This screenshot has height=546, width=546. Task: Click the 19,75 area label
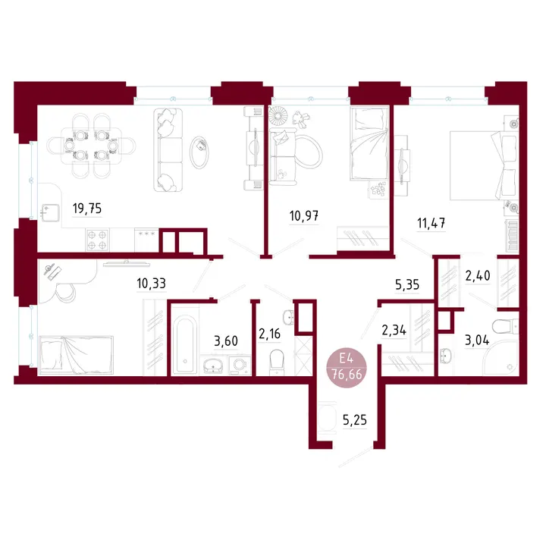coord(87,209)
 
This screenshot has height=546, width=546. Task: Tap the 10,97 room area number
coord(304,216)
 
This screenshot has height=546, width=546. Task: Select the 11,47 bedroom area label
coord(431,223)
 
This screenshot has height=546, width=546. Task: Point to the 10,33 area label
coord(151,284)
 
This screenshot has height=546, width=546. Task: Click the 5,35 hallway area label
coord(407,285)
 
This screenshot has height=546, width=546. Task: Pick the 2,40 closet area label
coord(478,276)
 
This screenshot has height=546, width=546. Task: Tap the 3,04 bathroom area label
coord(477,340)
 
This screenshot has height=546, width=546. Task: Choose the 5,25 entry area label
coord(355,420)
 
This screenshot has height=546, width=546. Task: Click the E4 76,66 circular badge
coord(347,367)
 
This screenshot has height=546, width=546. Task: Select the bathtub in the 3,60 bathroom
coord(185,344)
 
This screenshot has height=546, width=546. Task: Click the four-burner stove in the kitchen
coord(97,240)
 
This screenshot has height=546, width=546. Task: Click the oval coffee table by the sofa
coord(199,152)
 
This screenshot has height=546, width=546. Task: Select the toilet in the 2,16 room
coord(277,362)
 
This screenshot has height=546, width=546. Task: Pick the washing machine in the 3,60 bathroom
coord(240,366)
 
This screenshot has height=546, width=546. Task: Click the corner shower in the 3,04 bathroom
coord(501,359)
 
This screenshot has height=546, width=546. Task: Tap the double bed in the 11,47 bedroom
coord(483,165)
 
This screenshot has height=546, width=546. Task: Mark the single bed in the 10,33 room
coord(76,355)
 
